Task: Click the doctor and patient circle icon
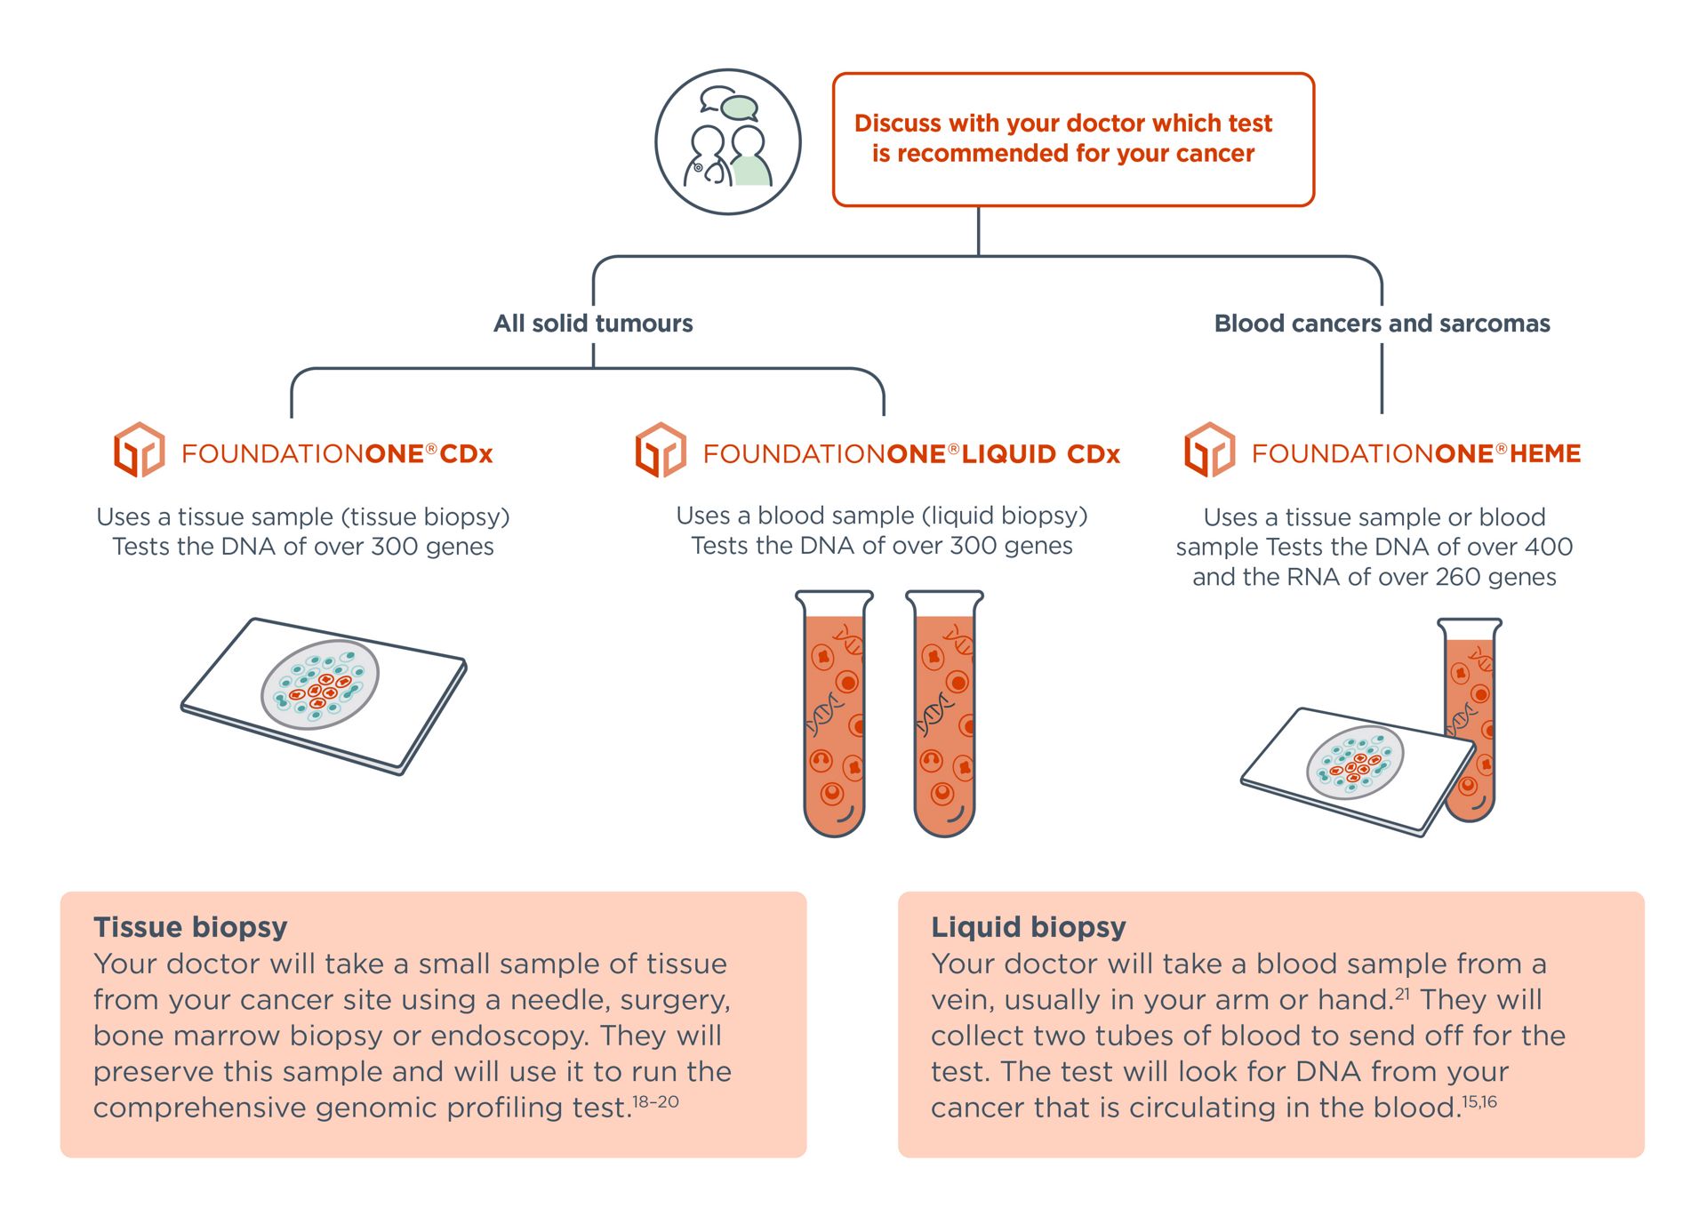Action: pyautogui.click(x=727, y=142)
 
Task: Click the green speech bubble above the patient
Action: pyautogui.click(x=739, y=108)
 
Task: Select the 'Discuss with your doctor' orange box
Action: pyautogui.click(x=1072, y=140)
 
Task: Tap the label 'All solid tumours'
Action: pyautogui.click(x=593, y=324)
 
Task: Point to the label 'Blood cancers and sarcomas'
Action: pyautogui.click(x=1382, y=324)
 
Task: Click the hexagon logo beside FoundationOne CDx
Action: pyautogui.click(x=139, y=450)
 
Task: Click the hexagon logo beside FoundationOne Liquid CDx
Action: pyautogui.click(x=661, y=450)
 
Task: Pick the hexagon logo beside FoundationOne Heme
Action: pyautogui.click(x=1209, y=450)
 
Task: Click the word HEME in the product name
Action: pyautogui.click(x=1545, y=454)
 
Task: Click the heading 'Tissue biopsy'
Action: pyautogui.click(x=190, y=927)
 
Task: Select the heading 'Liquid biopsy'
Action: pyautogui.click(x=1029, y=927)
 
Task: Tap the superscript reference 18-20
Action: pyautogui.click(x=655, y=1102)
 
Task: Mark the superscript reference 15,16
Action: pyautogui.click(x=1479, y=1102)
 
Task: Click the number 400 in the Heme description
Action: pyautogui.click(x=1548, y=547)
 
